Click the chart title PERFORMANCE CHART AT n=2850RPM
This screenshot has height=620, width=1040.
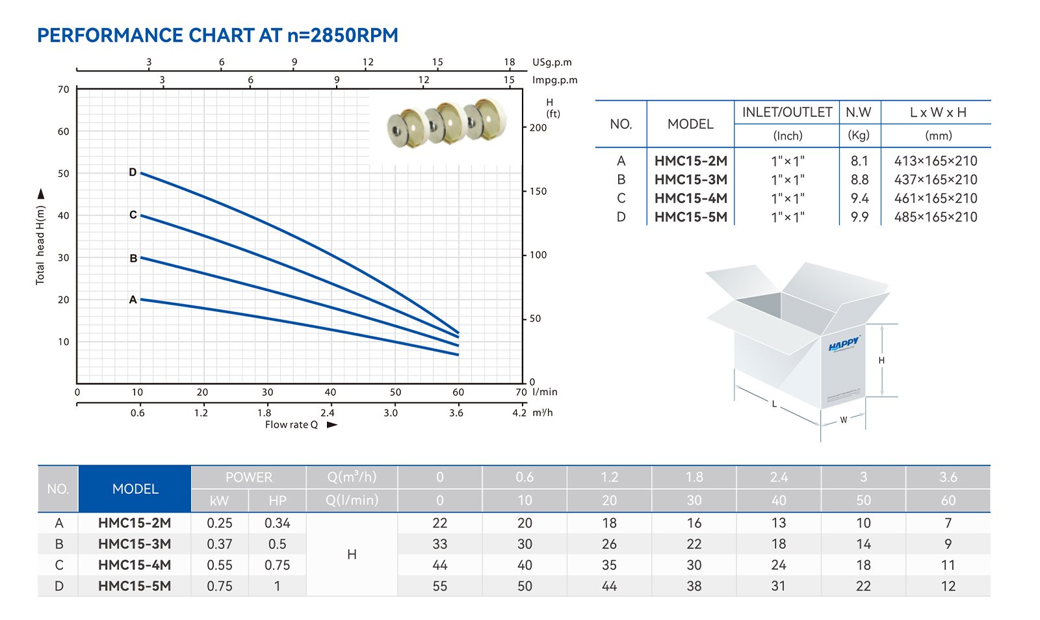point(218,35)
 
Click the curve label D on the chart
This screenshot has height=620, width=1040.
point(133,173)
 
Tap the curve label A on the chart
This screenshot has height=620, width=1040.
point(133,300)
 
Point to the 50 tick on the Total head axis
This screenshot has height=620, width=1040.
point(64,174)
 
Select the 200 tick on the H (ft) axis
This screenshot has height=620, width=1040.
point(538,127)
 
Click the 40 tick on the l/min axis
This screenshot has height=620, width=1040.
point(330,392)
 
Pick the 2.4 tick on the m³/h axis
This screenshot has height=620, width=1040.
point(328,413)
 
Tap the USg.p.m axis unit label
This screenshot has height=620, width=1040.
point(552,62)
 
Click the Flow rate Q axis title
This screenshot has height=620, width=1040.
point(291,424)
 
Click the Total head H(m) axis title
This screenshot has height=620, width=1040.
point(40,245)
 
